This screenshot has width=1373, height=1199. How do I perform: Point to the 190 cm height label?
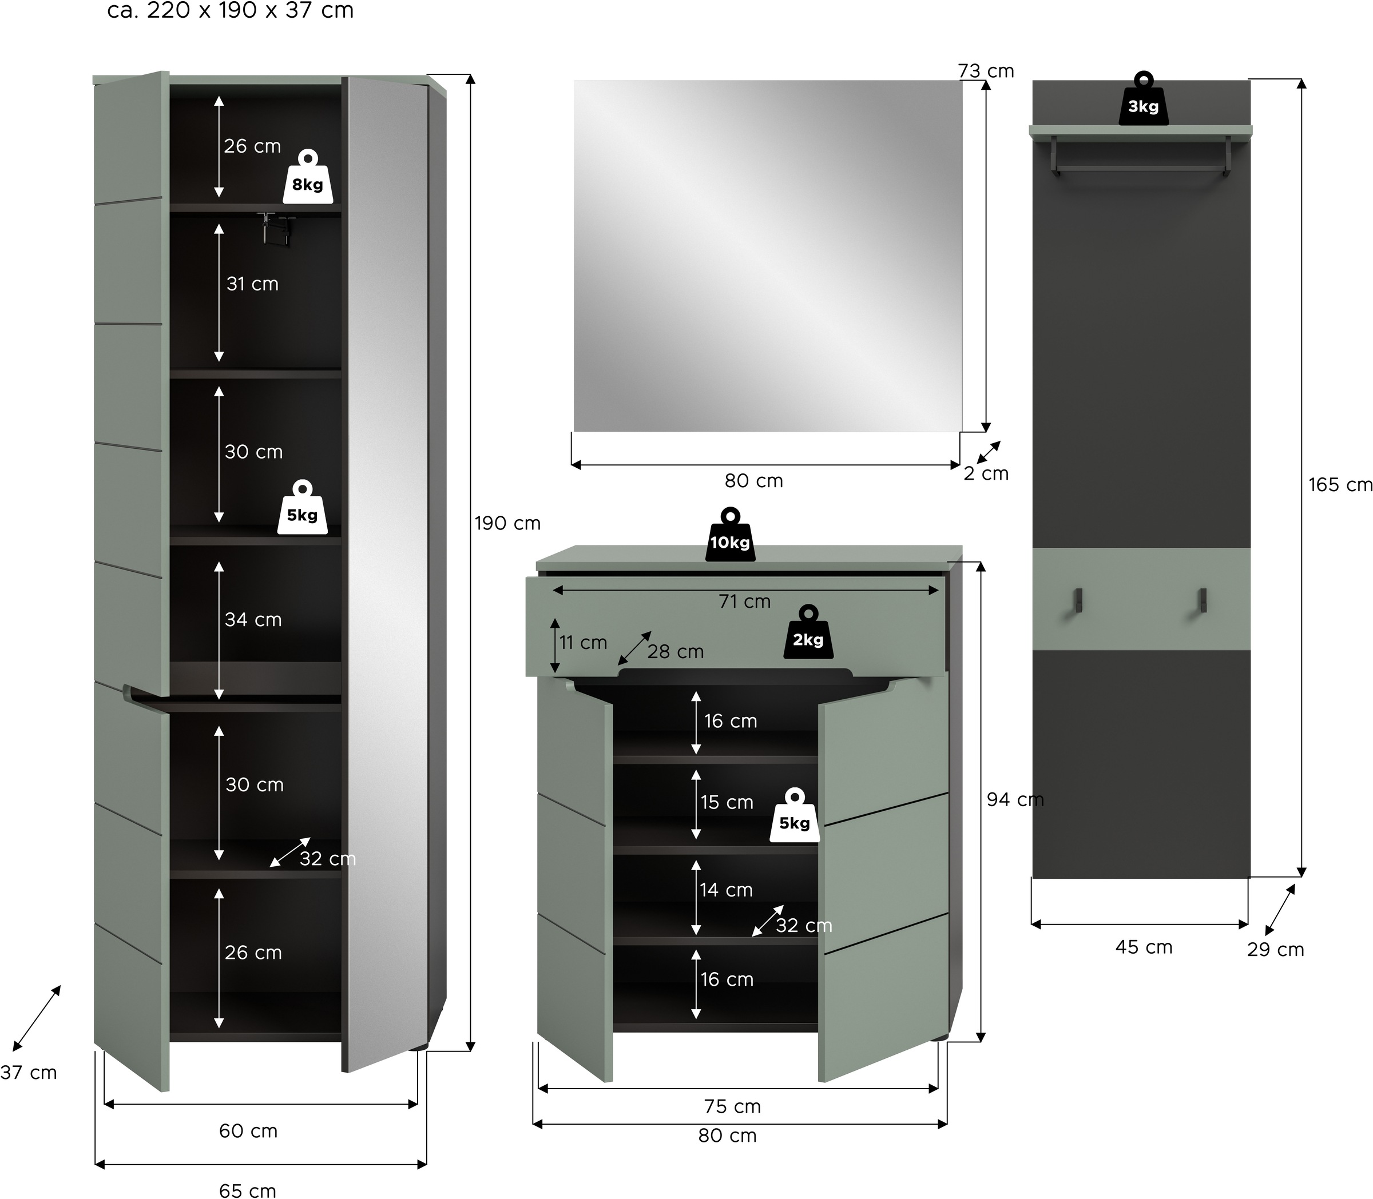point(507,523)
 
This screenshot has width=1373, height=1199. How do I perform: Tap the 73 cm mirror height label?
point(985,71)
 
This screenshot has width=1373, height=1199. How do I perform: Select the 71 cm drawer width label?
point(744,602)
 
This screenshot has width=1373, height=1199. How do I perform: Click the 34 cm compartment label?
point(253,620)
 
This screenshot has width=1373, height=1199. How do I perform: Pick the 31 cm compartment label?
point(252,284)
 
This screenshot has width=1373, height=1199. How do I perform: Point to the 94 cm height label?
point(1015,799)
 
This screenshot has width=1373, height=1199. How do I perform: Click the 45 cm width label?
point(1144,947)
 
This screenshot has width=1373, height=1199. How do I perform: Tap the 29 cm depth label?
point(1275,950)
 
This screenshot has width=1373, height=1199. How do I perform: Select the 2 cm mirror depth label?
point(985,474)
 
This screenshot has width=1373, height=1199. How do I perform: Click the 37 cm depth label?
point(28,1073)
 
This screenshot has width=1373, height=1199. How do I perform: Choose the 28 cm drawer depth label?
point(676,651)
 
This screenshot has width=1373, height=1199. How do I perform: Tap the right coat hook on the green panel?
point(1203,600)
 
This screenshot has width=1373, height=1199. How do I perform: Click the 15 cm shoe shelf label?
point(727,802)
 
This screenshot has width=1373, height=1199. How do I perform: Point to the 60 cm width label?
point(248,1131)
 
